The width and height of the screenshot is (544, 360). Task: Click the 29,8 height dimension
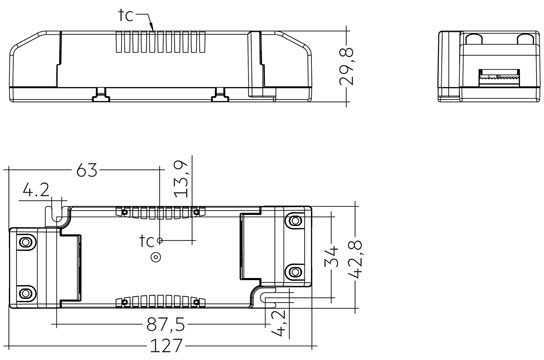coord(346,67)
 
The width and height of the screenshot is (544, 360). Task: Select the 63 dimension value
coord(87,170)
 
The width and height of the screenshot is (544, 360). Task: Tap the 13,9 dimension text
coord(182,179)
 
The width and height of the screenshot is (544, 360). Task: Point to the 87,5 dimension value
coord(166,325)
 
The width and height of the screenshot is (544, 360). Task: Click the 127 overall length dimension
coord(166,346)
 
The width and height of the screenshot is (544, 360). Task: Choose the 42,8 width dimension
coord(355,259)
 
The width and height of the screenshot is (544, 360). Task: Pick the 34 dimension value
coord(331,257)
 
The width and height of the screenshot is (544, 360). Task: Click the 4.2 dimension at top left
coord(36,190)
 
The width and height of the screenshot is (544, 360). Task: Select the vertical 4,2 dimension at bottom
coord(278,323)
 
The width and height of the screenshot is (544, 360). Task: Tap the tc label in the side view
coord(126,15)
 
